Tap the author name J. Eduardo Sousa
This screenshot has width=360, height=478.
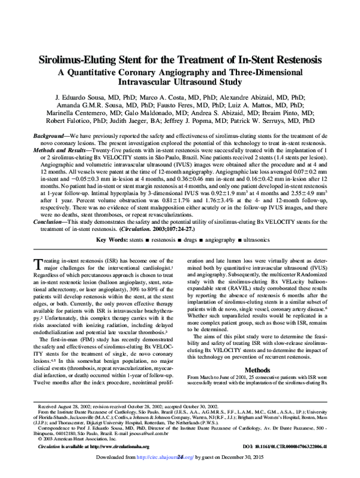(91, 97)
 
